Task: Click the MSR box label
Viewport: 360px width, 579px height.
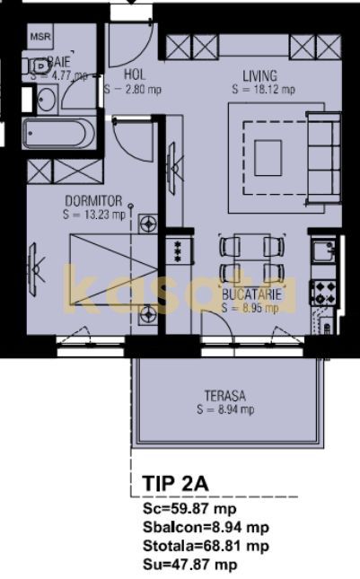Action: click(x=40, y=38)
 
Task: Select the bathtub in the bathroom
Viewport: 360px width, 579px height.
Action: click(x=57, y=136)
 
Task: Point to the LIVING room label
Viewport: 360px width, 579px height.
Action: click(x=259, y=76)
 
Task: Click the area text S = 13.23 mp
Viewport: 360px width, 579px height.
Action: click(x=94, y=215)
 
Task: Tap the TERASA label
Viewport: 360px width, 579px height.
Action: click(x=224, y=395)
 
